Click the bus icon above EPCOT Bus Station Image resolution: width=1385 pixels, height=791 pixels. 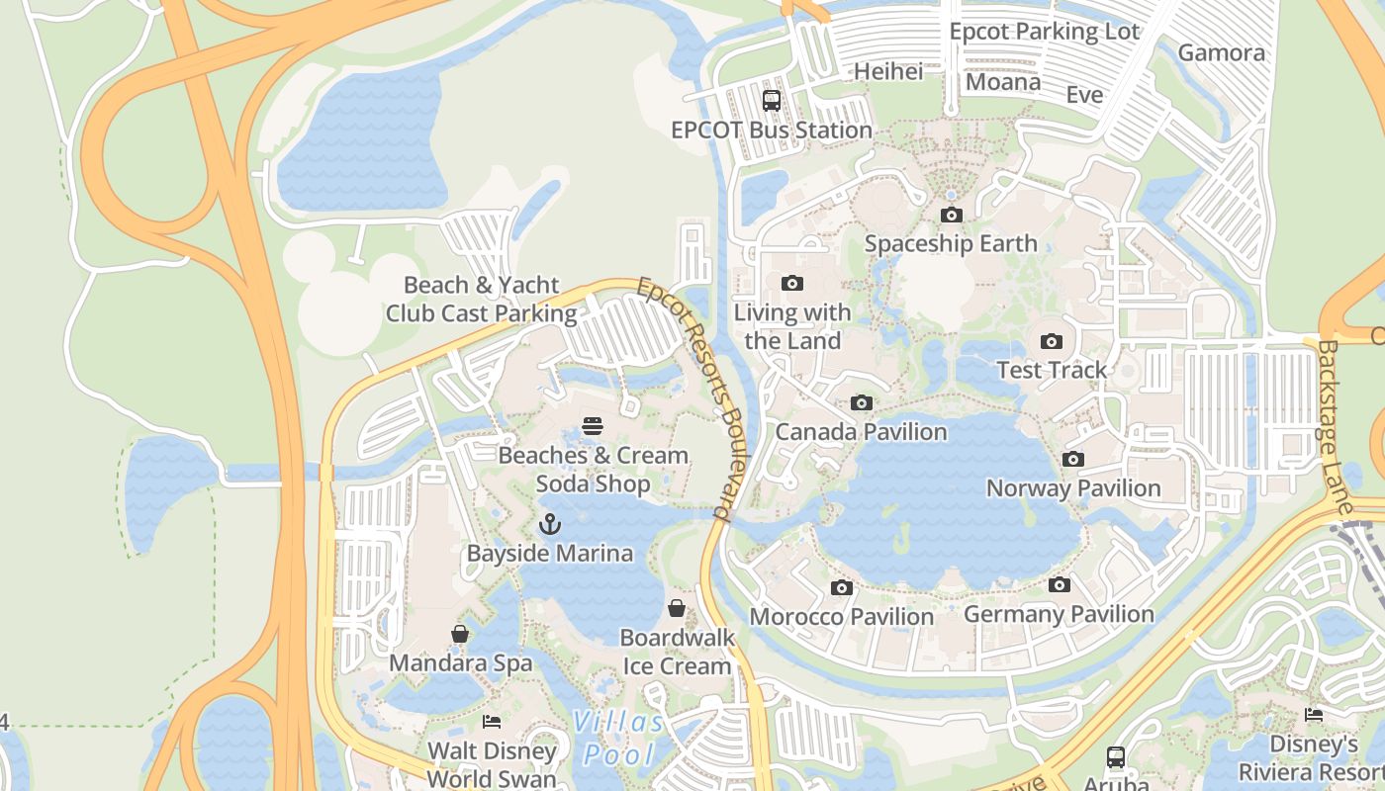click(772, 100)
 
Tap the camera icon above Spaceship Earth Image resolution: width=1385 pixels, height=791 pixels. click(951, 215)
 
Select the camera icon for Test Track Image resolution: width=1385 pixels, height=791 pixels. click(1051, 342)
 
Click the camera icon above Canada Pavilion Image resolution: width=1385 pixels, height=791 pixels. click(862, 403)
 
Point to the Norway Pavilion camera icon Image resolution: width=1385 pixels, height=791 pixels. click(1073, 460)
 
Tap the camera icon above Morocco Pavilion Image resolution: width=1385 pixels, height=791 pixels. click(841, 588)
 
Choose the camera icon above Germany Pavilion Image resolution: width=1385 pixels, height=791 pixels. click(1059, 585)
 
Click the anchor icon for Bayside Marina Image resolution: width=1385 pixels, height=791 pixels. click(549, 524)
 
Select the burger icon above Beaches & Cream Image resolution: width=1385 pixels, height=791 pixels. click(593, 426)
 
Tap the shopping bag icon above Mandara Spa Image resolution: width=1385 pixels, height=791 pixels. click(460, 634)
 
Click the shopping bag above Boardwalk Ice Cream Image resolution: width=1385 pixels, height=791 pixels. click(677, 608)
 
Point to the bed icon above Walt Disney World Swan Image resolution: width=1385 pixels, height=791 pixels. click(492, 722)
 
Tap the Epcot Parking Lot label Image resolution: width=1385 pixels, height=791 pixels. click(1045, 32)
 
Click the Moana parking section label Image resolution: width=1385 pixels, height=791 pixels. click(1003, 82)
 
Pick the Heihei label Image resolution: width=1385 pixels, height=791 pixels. click(888, 71)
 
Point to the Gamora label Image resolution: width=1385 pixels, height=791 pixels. click(1222, 53)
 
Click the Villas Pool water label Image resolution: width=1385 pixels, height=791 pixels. click(619, 739)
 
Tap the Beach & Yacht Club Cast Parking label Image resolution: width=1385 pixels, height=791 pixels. click(482, 300)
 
